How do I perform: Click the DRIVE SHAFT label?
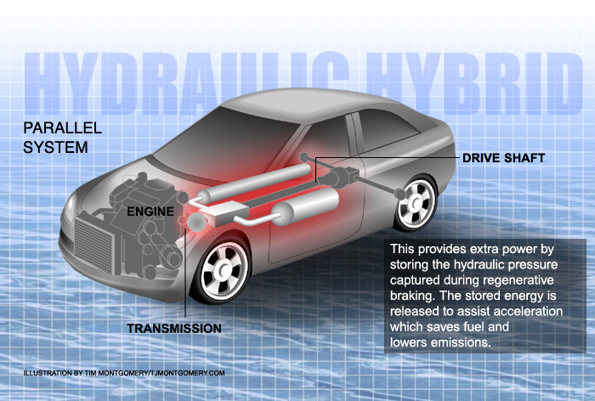click(503, 158)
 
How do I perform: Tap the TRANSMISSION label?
click(174, 329)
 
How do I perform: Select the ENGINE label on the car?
click(150, 212)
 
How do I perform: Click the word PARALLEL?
click(63, 127)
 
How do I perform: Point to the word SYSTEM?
click(55, 147)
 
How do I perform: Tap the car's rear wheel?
click(416, 203)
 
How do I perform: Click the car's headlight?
click(70, 209)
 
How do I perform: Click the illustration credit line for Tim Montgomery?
click(124, 373)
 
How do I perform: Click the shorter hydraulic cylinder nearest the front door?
click(304, 206)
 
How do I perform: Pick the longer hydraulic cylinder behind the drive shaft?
click(253, 183)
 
